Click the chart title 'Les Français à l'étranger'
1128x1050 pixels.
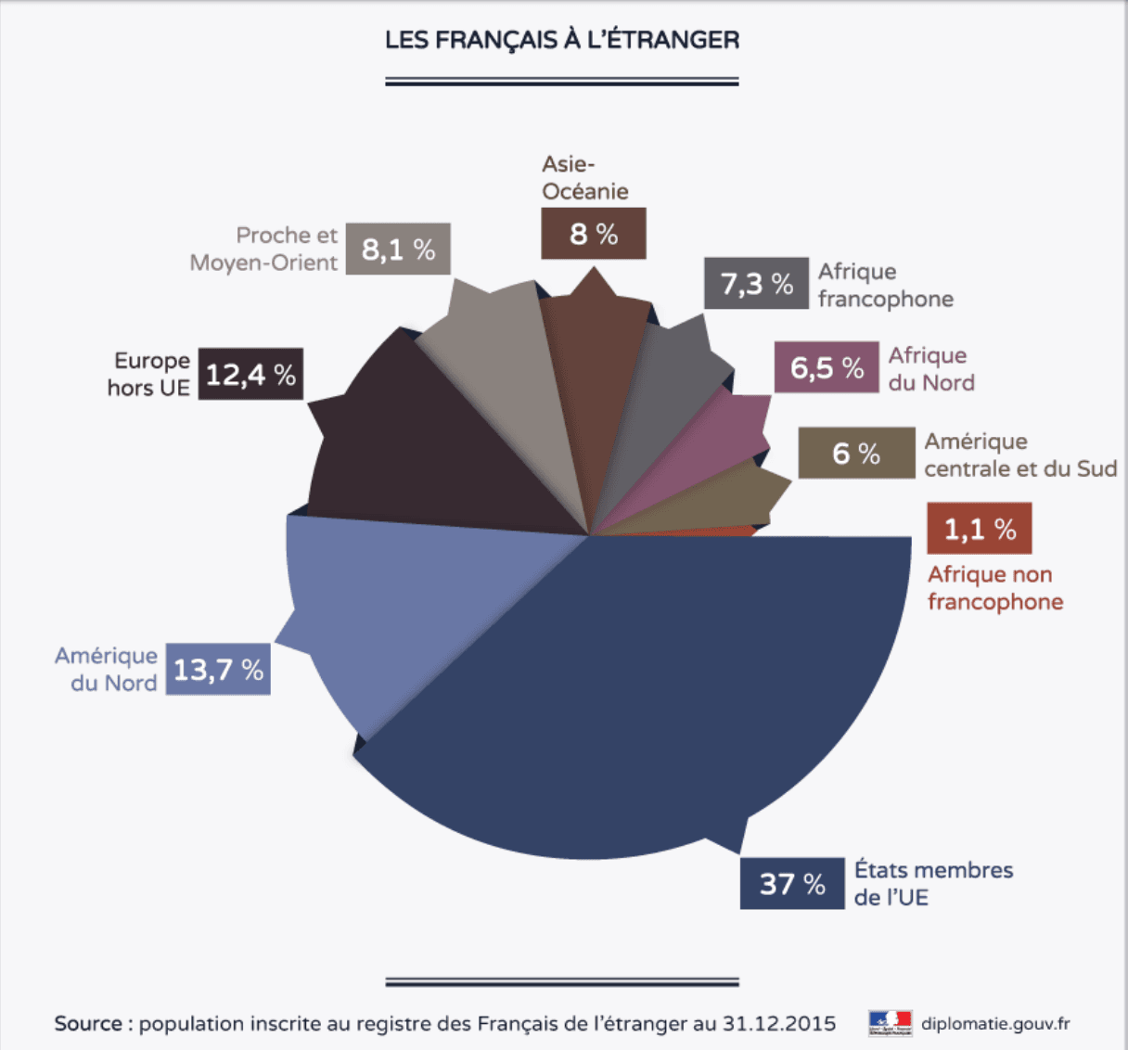562,40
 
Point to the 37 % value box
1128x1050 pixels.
792,883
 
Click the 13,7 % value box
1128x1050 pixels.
218,669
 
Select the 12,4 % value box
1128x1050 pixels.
250,374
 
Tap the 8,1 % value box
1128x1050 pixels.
398,249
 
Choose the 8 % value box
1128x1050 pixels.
594,234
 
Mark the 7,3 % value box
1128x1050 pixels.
756,283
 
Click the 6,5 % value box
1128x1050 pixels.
827,367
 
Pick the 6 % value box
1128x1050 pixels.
856,453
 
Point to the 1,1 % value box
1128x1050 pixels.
980,529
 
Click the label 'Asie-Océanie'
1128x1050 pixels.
585,177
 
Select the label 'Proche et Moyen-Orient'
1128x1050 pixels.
264,249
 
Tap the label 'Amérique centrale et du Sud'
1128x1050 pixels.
1020,455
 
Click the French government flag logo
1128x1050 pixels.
891,1023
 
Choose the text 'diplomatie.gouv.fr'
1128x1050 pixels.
995,1024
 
